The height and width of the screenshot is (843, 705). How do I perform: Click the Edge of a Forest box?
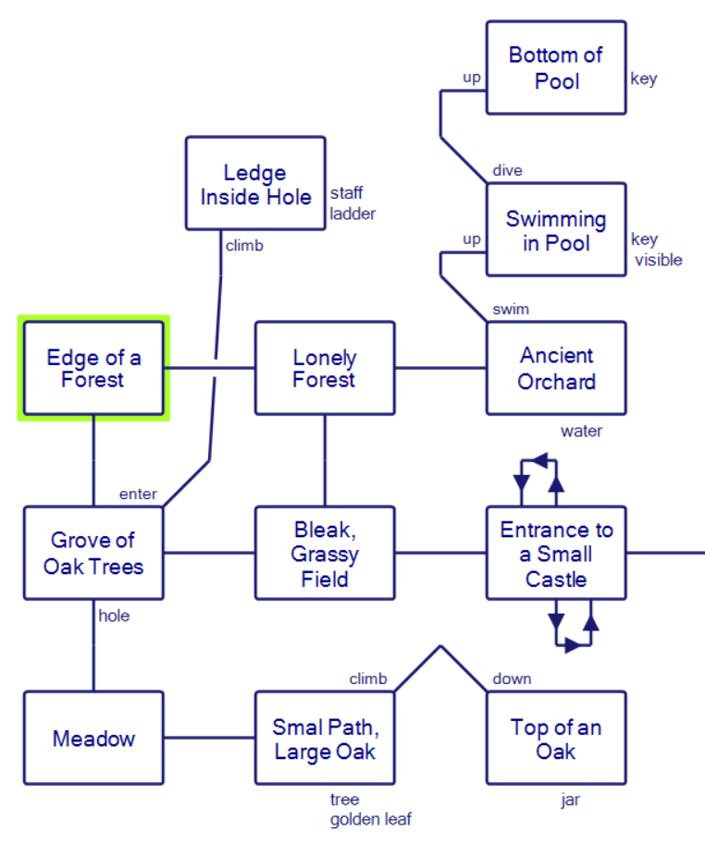coord(93,368)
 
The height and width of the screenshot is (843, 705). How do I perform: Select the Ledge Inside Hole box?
coord(255,184)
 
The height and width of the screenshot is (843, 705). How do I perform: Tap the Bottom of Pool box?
coord(556,68)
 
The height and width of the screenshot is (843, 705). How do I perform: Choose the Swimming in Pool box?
coord(556,230)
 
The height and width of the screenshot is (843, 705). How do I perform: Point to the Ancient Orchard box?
coord(556,368)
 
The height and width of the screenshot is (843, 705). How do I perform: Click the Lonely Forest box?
coord(325,368)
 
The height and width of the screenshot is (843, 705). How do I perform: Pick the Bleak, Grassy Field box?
coord(325,553)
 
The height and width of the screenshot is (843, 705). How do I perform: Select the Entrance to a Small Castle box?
coord(556,553)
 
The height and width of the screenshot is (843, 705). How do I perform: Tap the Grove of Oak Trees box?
coord(93,553)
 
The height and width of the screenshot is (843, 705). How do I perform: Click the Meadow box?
coord(93,738)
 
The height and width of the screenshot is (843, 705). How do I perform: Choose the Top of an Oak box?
coord(556,738)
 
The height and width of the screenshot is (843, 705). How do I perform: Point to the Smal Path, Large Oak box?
coord(325,738)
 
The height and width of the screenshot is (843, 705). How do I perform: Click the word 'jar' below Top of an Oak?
coord(570,800)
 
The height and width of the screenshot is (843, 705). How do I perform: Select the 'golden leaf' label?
coord(370,819)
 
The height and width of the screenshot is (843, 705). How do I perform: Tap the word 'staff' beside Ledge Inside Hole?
coord(346,193)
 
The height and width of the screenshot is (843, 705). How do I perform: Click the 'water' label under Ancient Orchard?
coord(581,431)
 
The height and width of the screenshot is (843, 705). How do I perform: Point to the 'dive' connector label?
coord(507,170)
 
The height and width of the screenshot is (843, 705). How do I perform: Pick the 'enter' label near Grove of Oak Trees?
coord(138,494)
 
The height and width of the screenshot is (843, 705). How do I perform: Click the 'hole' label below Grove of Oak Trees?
coord(114,616)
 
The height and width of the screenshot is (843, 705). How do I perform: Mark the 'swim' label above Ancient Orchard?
coord(511,309)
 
